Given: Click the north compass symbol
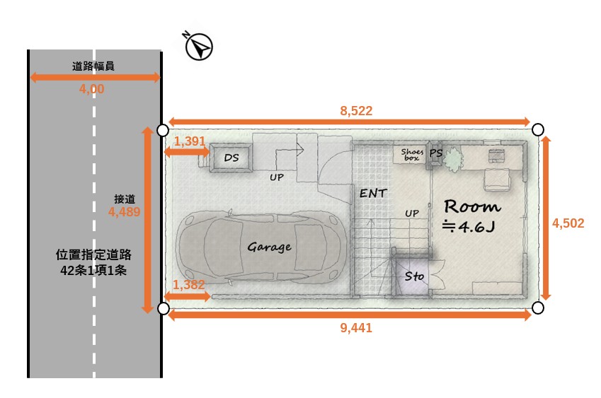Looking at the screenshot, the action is [x=198, y=46].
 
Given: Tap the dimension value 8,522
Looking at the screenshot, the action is [x=356, y=110].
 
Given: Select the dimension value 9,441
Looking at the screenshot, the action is [x=356, y=328].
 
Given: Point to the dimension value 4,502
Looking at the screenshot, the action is [x=568, y=223].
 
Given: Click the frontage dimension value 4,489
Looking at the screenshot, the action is [x=124, y=211].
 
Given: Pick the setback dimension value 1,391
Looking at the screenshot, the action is [x=190, y=141].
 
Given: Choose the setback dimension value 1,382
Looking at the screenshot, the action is [x=188, y=284].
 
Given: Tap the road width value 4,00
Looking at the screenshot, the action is [x=91, y=89].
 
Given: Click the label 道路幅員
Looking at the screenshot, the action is [x=93, y=66].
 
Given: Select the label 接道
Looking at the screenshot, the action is [x=125, y=199].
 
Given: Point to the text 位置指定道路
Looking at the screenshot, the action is [x=93, y=254].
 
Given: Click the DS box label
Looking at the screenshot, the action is [x=231, y=158].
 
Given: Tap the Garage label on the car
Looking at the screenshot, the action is [x=269, y=247].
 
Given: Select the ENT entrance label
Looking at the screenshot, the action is [x=373, y=194].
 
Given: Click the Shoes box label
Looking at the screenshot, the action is [x=412, y=155].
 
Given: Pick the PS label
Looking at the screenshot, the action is [x=436, y=153].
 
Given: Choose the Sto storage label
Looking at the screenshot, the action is [x=414, y=276].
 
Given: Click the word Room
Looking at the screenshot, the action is [x=473, y=206].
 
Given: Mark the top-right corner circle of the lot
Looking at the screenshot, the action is [x=538, y=130].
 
